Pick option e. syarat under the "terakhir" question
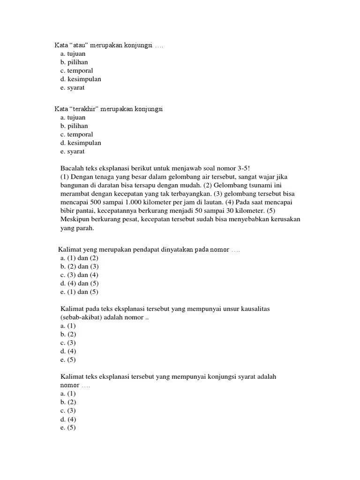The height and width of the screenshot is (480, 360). tap(72, 151)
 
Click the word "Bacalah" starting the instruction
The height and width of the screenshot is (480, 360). tap(73, 168)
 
